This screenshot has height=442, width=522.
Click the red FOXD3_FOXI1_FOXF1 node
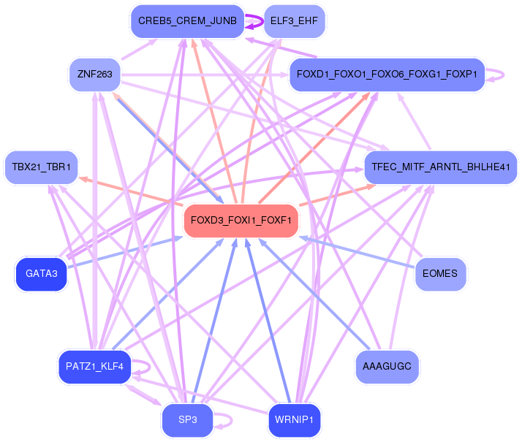[241, 221]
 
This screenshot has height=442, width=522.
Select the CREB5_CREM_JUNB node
[187, 21]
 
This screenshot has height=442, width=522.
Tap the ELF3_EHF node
[294, 21]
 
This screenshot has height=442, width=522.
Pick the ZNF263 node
[94, 74]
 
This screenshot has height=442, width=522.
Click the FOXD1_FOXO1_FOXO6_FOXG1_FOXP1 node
[387, 75]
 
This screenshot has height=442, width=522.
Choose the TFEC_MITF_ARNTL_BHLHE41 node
[440, 167]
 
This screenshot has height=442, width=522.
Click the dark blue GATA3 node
[41, 274]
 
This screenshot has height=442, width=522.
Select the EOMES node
[440, 274]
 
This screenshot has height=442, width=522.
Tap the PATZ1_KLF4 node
[94, 366]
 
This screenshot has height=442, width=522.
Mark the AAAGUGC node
[387, 366]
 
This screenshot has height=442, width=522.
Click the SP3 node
[187, 420]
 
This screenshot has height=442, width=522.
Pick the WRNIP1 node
[294, 420]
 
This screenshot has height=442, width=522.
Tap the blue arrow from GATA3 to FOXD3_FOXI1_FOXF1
[124, 254]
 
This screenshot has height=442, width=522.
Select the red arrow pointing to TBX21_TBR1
[124, 189]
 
